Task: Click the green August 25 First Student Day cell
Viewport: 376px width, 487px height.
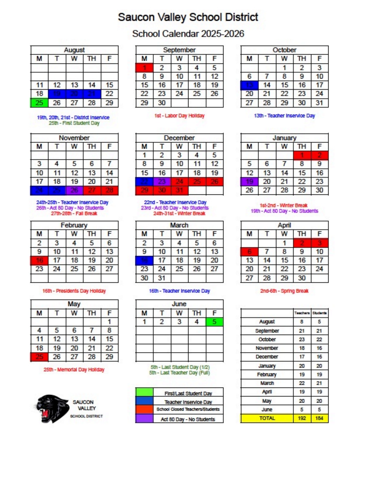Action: point(39,103)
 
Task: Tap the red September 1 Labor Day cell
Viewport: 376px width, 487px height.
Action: point(144,68)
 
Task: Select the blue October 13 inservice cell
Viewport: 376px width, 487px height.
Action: point(249,85)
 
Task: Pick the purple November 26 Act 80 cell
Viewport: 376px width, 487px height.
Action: point(74,190)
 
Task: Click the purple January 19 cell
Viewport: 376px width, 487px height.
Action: point(249,182)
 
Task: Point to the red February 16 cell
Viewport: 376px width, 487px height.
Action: point(39,260)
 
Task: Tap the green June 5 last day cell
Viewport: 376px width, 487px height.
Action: point(214,322)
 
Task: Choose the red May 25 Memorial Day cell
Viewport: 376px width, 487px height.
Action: point(39,357)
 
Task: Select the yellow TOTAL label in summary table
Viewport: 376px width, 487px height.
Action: point(267,418)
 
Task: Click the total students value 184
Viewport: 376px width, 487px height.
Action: point(319,418)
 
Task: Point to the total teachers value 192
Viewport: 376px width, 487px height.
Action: point(302,418)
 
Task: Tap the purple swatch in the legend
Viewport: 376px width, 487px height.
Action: point(144,419)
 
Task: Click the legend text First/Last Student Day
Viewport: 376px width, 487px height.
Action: point(188,393)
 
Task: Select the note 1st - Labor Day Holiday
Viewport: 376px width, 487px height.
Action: point(179,116)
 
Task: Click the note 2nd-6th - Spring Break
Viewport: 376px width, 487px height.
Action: point(284,291)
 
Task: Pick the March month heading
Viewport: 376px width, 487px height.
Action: point(179,225)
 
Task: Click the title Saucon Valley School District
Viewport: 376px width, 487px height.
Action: point(188,17)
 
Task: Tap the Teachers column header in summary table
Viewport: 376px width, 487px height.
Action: point(302,313)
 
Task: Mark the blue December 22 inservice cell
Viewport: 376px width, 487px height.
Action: point(144,182)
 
